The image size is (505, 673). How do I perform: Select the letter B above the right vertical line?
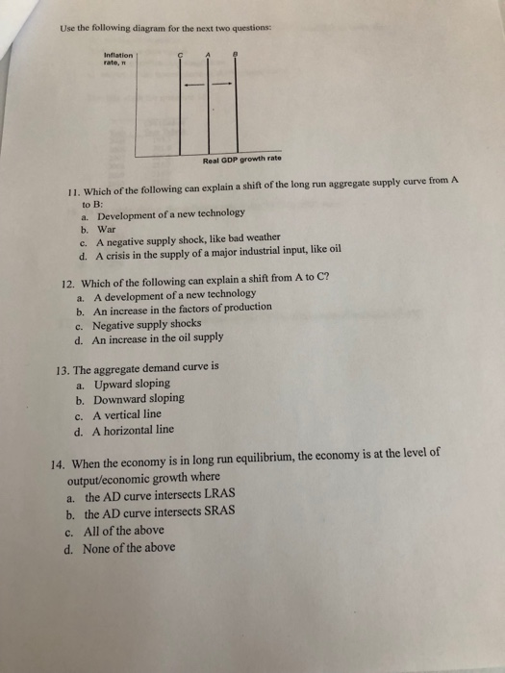pos(236,57)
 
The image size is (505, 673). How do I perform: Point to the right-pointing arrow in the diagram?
pos(222,84)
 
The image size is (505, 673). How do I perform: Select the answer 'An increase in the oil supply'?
pos(158,339)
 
